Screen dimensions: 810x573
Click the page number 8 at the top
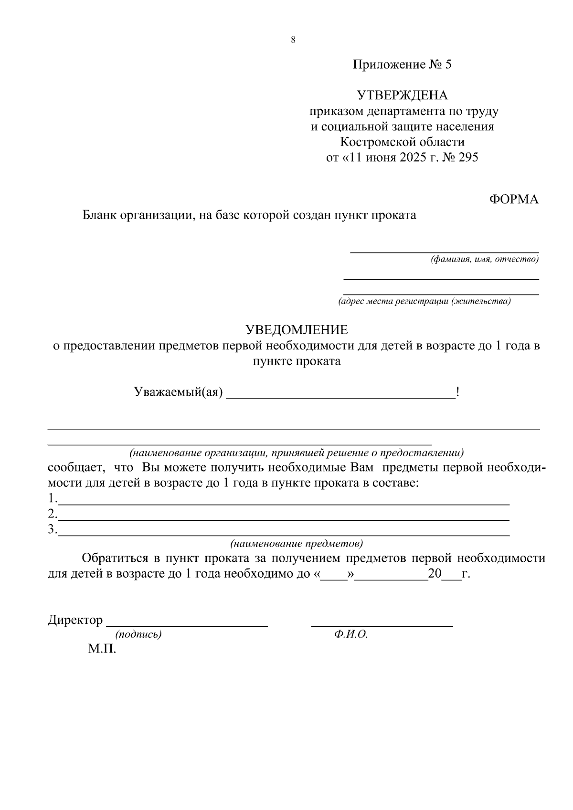pyautogui.click(x=293, y=40)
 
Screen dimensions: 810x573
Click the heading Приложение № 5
pyautogui.click(x=402, y=64)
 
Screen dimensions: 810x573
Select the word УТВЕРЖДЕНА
pyautogui.click(x=403, y=95)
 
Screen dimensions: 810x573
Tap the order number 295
pyautogui.click(x=468, y=158)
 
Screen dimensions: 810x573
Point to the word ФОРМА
pyautogui.click(x=514, y=200)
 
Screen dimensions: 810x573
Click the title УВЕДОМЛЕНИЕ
pyautogui.click(x=297, y=330)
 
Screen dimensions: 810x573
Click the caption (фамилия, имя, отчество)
pyautogui.click(x=485, y=260)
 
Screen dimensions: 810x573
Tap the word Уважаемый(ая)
pyautogui.click(x=179, y=392)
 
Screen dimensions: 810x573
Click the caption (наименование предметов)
pyautogui.click(x=297, y=544)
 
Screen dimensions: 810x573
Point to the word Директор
pyautogui.click(x=75, y=620)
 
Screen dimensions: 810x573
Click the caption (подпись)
pyautogui.click(x=138, y=634)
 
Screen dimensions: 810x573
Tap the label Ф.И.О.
pyautogui.click(x=351, y=634)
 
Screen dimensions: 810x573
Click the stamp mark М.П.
pyautogui.click(x=102, y=649)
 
